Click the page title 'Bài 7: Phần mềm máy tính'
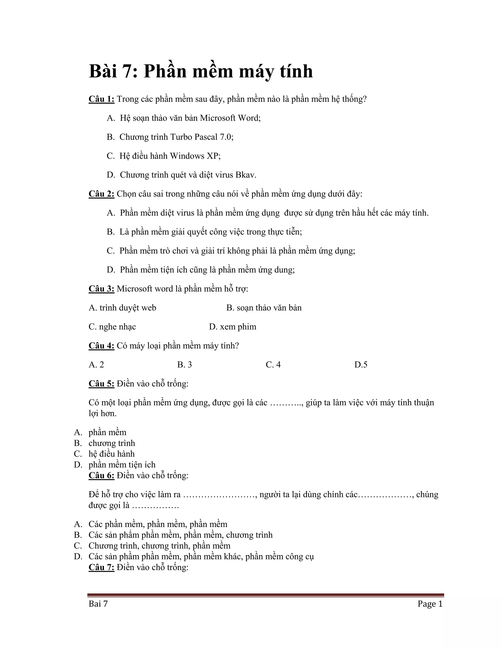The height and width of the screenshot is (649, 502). coord(201,71)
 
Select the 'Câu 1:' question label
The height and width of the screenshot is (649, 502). coord(101,99)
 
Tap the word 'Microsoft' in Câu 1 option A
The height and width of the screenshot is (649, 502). coord(218,118)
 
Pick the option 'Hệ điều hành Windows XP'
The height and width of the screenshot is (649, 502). coord(170,156)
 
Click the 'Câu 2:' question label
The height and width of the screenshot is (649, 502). coord(101,194)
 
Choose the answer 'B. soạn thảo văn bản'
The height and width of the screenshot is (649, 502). coord(264,308)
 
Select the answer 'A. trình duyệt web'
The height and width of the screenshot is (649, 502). coord(122,308)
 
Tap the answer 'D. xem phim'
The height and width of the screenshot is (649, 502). coord(233,327)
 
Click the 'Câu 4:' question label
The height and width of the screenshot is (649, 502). coord(101,346)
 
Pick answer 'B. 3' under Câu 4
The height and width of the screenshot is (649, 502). coord(184,365)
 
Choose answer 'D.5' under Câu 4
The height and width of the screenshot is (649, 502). coord(361,365)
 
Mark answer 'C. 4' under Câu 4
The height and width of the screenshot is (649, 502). coord(273,365)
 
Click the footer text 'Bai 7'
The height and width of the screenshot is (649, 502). coord(98,604)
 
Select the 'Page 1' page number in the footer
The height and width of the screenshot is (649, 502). coord(430,604)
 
